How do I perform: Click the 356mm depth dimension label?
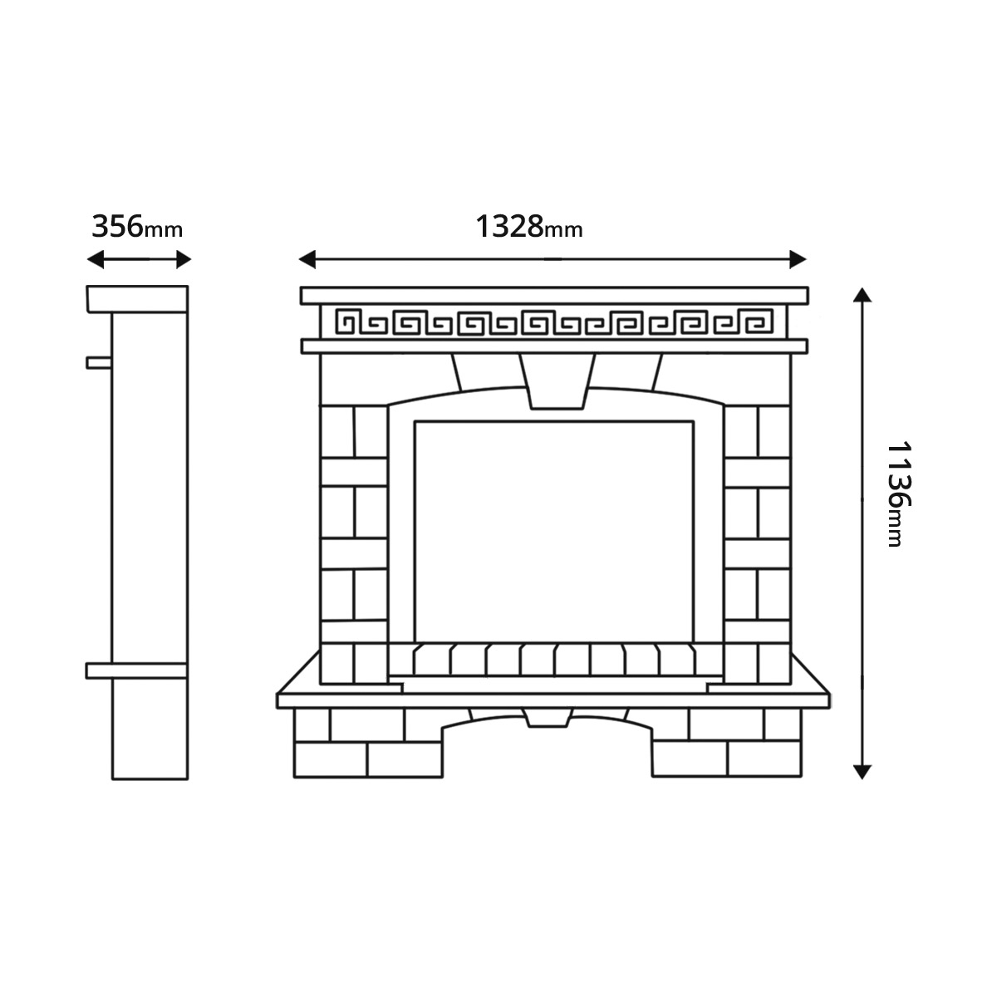pos(137,227)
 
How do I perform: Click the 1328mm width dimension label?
pos(528,227)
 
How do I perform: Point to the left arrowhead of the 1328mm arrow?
pos(307,259)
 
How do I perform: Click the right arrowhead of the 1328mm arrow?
pos(798,259)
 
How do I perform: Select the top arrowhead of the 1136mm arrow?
pos(862,295)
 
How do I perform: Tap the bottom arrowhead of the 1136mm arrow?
pos(862,771)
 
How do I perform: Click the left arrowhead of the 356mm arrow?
pos(96,259)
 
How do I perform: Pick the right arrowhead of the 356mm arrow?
pos(184,259)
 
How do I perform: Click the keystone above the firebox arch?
pos(557,381)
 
